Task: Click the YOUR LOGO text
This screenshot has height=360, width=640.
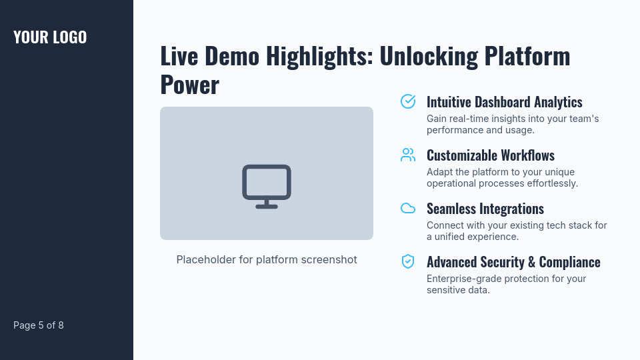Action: click(50, 37)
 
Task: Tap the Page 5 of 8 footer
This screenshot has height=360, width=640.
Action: click(39, 325)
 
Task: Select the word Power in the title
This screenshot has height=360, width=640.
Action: click(189, 85)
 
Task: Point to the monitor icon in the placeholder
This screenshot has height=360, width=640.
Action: click(267, 186)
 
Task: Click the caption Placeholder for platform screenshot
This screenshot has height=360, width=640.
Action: click(267, 259)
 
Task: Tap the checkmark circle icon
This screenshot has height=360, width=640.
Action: click(408, 101)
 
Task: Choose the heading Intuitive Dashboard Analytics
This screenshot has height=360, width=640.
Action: click(504, 102)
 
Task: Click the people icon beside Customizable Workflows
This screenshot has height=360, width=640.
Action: click(408, 155)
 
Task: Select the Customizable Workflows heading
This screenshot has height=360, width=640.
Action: click(490, 155)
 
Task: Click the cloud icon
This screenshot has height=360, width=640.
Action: click(408, 208)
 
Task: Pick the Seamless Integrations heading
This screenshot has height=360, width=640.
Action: click(485, 209)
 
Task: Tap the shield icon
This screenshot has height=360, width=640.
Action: click(408, 261)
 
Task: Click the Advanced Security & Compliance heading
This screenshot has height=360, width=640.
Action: click(513, 262)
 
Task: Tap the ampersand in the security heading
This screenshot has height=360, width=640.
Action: click(531, 262)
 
